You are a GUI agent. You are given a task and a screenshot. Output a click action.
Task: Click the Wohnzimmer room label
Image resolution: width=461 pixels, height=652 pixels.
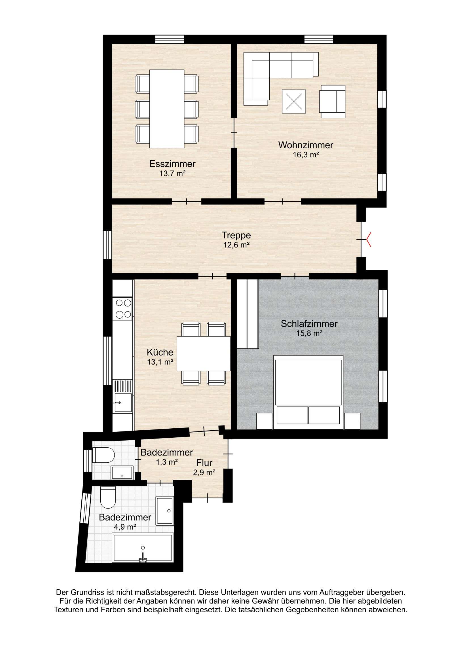tap(306, 145)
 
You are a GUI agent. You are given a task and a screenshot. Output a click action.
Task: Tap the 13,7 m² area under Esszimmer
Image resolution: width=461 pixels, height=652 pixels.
tap(172, 173)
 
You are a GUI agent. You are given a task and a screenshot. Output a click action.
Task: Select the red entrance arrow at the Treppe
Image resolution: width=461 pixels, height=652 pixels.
tap(368, 240)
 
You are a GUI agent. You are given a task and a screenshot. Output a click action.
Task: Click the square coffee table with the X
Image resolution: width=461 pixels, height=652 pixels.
tap(294, 101)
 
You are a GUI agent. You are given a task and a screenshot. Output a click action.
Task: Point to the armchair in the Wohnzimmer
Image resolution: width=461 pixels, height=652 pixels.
tap(332, 101)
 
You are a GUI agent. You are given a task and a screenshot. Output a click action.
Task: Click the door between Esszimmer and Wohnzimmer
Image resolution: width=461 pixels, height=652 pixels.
tap(234, 133)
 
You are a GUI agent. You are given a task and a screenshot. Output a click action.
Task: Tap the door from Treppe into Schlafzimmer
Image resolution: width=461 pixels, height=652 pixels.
tap(295, 276)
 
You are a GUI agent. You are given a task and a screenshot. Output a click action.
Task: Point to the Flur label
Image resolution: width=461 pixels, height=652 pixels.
tap(204, 463)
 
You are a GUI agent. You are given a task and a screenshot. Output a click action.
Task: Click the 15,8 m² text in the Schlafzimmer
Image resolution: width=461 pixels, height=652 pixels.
tap(309, 333)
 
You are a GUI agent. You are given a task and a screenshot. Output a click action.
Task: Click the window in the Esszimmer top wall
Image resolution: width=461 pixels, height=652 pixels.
tap(170, 39)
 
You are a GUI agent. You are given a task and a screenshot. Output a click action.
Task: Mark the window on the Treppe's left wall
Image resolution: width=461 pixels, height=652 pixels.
tap(107, 245)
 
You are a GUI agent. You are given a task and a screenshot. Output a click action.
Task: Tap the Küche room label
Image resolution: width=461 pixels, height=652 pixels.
tap(160, 352)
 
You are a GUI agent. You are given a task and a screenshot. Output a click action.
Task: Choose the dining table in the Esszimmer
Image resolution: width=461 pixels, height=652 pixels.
tap(167, 109)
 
